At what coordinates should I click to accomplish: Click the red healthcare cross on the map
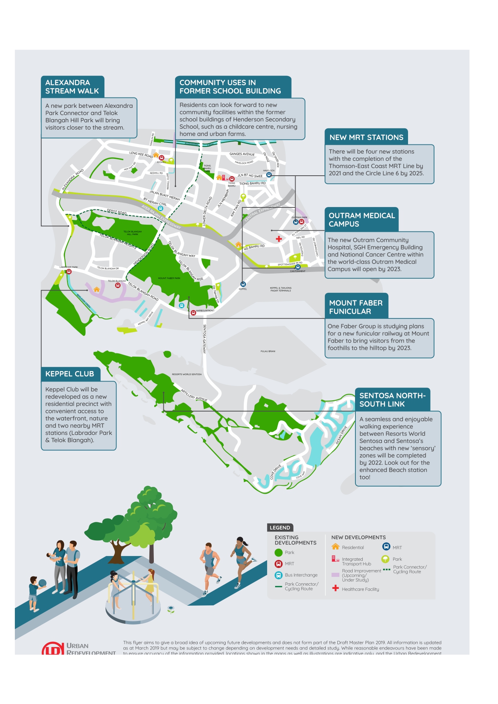coord(279,239)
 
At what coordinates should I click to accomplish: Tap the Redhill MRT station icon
coord(161,158)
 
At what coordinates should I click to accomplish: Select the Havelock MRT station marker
coord(269,175)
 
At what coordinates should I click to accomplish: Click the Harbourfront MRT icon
coord(193,312)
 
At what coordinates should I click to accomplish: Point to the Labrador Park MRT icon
coord(69,272)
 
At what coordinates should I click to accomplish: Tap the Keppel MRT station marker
coord(243,284)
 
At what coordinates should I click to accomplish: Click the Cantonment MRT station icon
coord(298,267)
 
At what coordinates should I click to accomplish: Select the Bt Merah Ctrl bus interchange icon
coord(161,209)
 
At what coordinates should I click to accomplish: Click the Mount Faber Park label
coord(169,278)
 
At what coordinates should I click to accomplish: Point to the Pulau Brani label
coord(268,351)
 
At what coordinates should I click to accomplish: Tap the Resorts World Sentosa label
coord(187,374)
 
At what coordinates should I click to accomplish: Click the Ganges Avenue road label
coord(242,154)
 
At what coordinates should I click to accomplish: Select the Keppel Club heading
coord(70,374)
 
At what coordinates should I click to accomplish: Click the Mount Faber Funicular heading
coord(356,307)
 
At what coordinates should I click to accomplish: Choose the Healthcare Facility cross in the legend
coord(335,588)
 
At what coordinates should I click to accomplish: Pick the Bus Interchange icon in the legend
coord(278,575)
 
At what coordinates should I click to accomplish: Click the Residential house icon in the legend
coord(335,547)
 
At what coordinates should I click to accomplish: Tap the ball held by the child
coord(43,582)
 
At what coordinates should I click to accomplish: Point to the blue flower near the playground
coord(171,609)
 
